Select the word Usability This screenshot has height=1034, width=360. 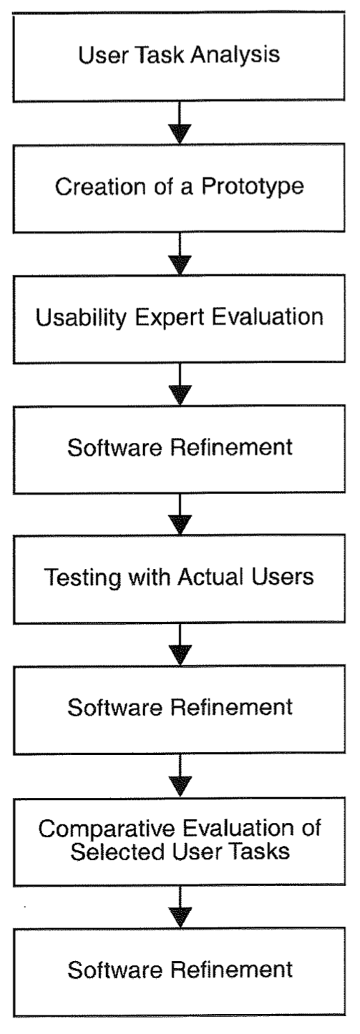click(x=81, y=318)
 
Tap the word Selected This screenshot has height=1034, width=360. click(x=117, y=851)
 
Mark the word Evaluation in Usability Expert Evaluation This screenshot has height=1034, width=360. click(x=268, y=317)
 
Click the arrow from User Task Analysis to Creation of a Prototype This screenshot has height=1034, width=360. click(x=180, y=122)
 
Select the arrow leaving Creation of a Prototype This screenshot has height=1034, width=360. click(x=180, y=253)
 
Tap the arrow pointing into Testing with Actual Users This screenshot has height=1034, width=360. click(x=180, y=514)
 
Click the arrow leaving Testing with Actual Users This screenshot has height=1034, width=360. click(x=180, y=645)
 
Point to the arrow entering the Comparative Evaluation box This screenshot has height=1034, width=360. click(x=180, y=776)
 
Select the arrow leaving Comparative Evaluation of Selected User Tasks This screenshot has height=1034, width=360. click(x=180, y=907)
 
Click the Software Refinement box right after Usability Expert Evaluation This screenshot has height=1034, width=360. click(x=180, y=449)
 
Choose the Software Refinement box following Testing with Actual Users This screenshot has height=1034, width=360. click(x=180, y=710)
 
